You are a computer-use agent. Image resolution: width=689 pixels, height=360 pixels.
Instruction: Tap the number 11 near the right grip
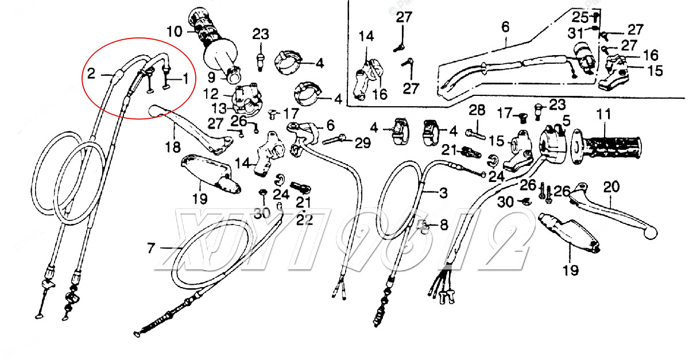coord(602,114)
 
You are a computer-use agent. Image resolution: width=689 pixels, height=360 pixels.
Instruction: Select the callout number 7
coord(151,249)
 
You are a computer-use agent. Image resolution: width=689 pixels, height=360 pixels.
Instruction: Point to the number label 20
coord(612,187)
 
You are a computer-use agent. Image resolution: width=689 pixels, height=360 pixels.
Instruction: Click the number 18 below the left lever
coord(172,148)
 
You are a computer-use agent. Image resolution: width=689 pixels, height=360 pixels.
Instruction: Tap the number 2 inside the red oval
coord(91,73)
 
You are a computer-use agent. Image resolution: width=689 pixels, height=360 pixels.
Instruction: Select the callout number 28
coord(477,110)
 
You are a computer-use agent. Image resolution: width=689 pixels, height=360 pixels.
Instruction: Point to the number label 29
coord(362,144)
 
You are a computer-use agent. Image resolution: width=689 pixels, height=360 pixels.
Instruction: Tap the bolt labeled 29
coord(336,139)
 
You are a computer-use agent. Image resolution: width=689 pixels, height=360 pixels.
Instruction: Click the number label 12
coord(211,92)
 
